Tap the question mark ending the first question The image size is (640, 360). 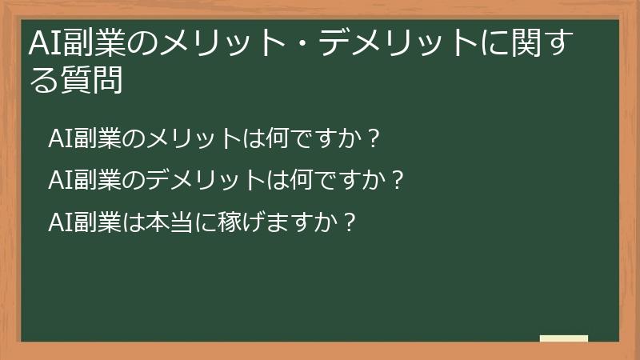(x=372, y=138)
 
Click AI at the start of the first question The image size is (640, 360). (x=61, y=138)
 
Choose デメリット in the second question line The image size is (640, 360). (x=197, y=178)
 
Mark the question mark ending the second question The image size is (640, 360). (x=395, y=178)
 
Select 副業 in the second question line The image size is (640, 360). (x=99, y=178)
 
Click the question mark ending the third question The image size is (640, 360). (x=348, y=219)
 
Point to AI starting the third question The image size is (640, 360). (x=61, y=219)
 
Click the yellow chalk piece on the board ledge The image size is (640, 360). (x=564, y=338)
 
